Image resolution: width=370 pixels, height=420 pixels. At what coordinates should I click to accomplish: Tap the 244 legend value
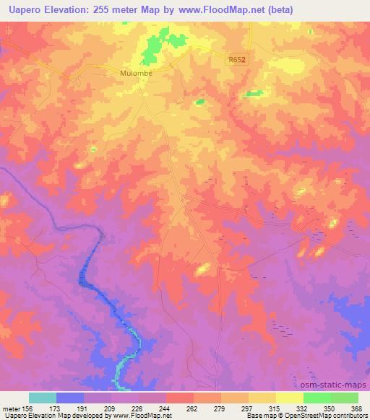(x=165, y=408)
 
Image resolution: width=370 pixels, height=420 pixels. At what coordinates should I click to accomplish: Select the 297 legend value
(x=248, y=408)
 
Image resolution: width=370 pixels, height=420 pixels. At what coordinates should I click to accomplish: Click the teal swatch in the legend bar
(x=43, y=398)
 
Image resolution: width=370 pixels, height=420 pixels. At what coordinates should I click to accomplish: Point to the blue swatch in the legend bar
(x=70, y=398)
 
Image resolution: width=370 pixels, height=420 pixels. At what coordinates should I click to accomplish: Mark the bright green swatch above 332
(x=317, y=398)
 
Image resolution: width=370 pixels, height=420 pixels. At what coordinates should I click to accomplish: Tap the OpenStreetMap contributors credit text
(x=330, y=416)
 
